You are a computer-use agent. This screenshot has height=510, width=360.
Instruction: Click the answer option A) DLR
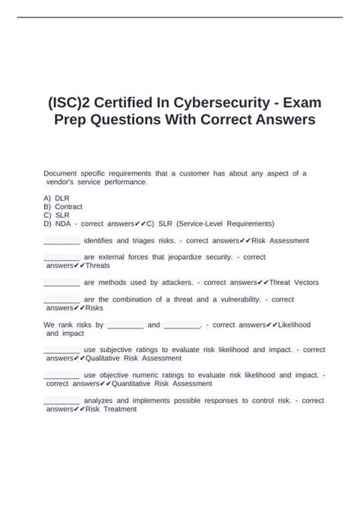click(x=57, y=197)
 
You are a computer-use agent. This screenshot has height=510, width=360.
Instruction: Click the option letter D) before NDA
click(x=48, y=223)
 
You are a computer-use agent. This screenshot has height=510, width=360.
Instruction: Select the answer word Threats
click(x=98, y=266)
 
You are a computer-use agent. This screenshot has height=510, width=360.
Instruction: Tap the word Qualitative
click(x=109, y=358)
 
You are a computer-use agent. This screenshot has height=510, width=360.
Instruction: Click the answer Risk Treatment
click(x=111, y=409)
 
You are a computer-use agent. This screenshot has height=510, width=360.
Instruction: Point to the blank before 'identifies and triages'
click(x=62, y=240)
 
